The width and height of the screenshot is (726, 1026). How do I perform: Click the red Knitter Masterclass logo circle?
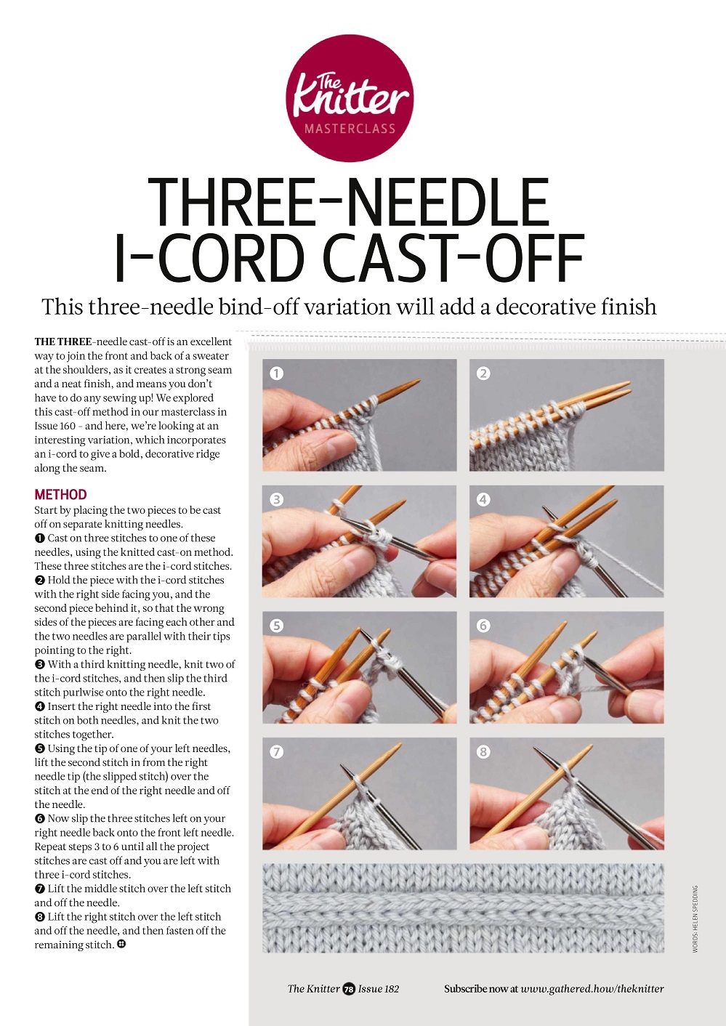point(350,97)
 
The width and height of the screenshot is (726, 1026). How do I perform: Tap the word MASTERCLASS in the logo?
point(350,129)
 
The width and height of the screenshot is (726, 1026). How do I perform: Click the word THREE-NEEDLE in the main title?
point(348,202)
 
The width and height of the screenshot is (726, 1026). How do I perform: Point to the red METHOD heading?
point(60,495)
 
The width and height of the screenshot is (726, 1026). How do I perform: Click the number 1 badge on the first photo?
point(276,373)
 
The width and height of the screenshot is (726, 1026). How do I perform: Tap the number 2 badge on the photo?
point(483,373)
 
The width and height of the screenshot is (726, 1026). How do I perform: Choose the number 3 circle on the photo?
point(276,499)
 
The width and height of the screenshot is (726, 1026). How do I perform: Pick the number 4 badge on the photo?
point(483,499)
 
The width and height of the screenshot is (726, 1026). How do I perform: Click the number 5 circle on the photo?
point(276,626)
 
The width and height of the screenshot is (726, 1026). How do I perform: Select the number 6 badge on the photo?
point(483,626)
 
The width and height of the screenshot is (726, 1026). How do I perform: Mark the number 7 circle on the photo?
point(276,751)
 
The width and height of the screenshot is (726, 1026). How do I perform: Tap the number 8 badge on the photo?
point(483,751)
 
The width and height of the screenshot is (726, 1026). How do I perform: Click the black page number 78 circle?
point(349,989)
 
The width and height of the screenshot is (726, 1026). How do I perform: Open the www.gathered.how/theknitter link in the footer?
point(592,989)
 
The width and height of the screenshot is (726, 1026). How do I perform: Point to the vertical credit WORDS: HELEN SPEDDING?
point(695,919)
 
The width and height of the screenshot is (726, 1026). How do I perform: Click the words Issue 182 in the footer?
point(379,989)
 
